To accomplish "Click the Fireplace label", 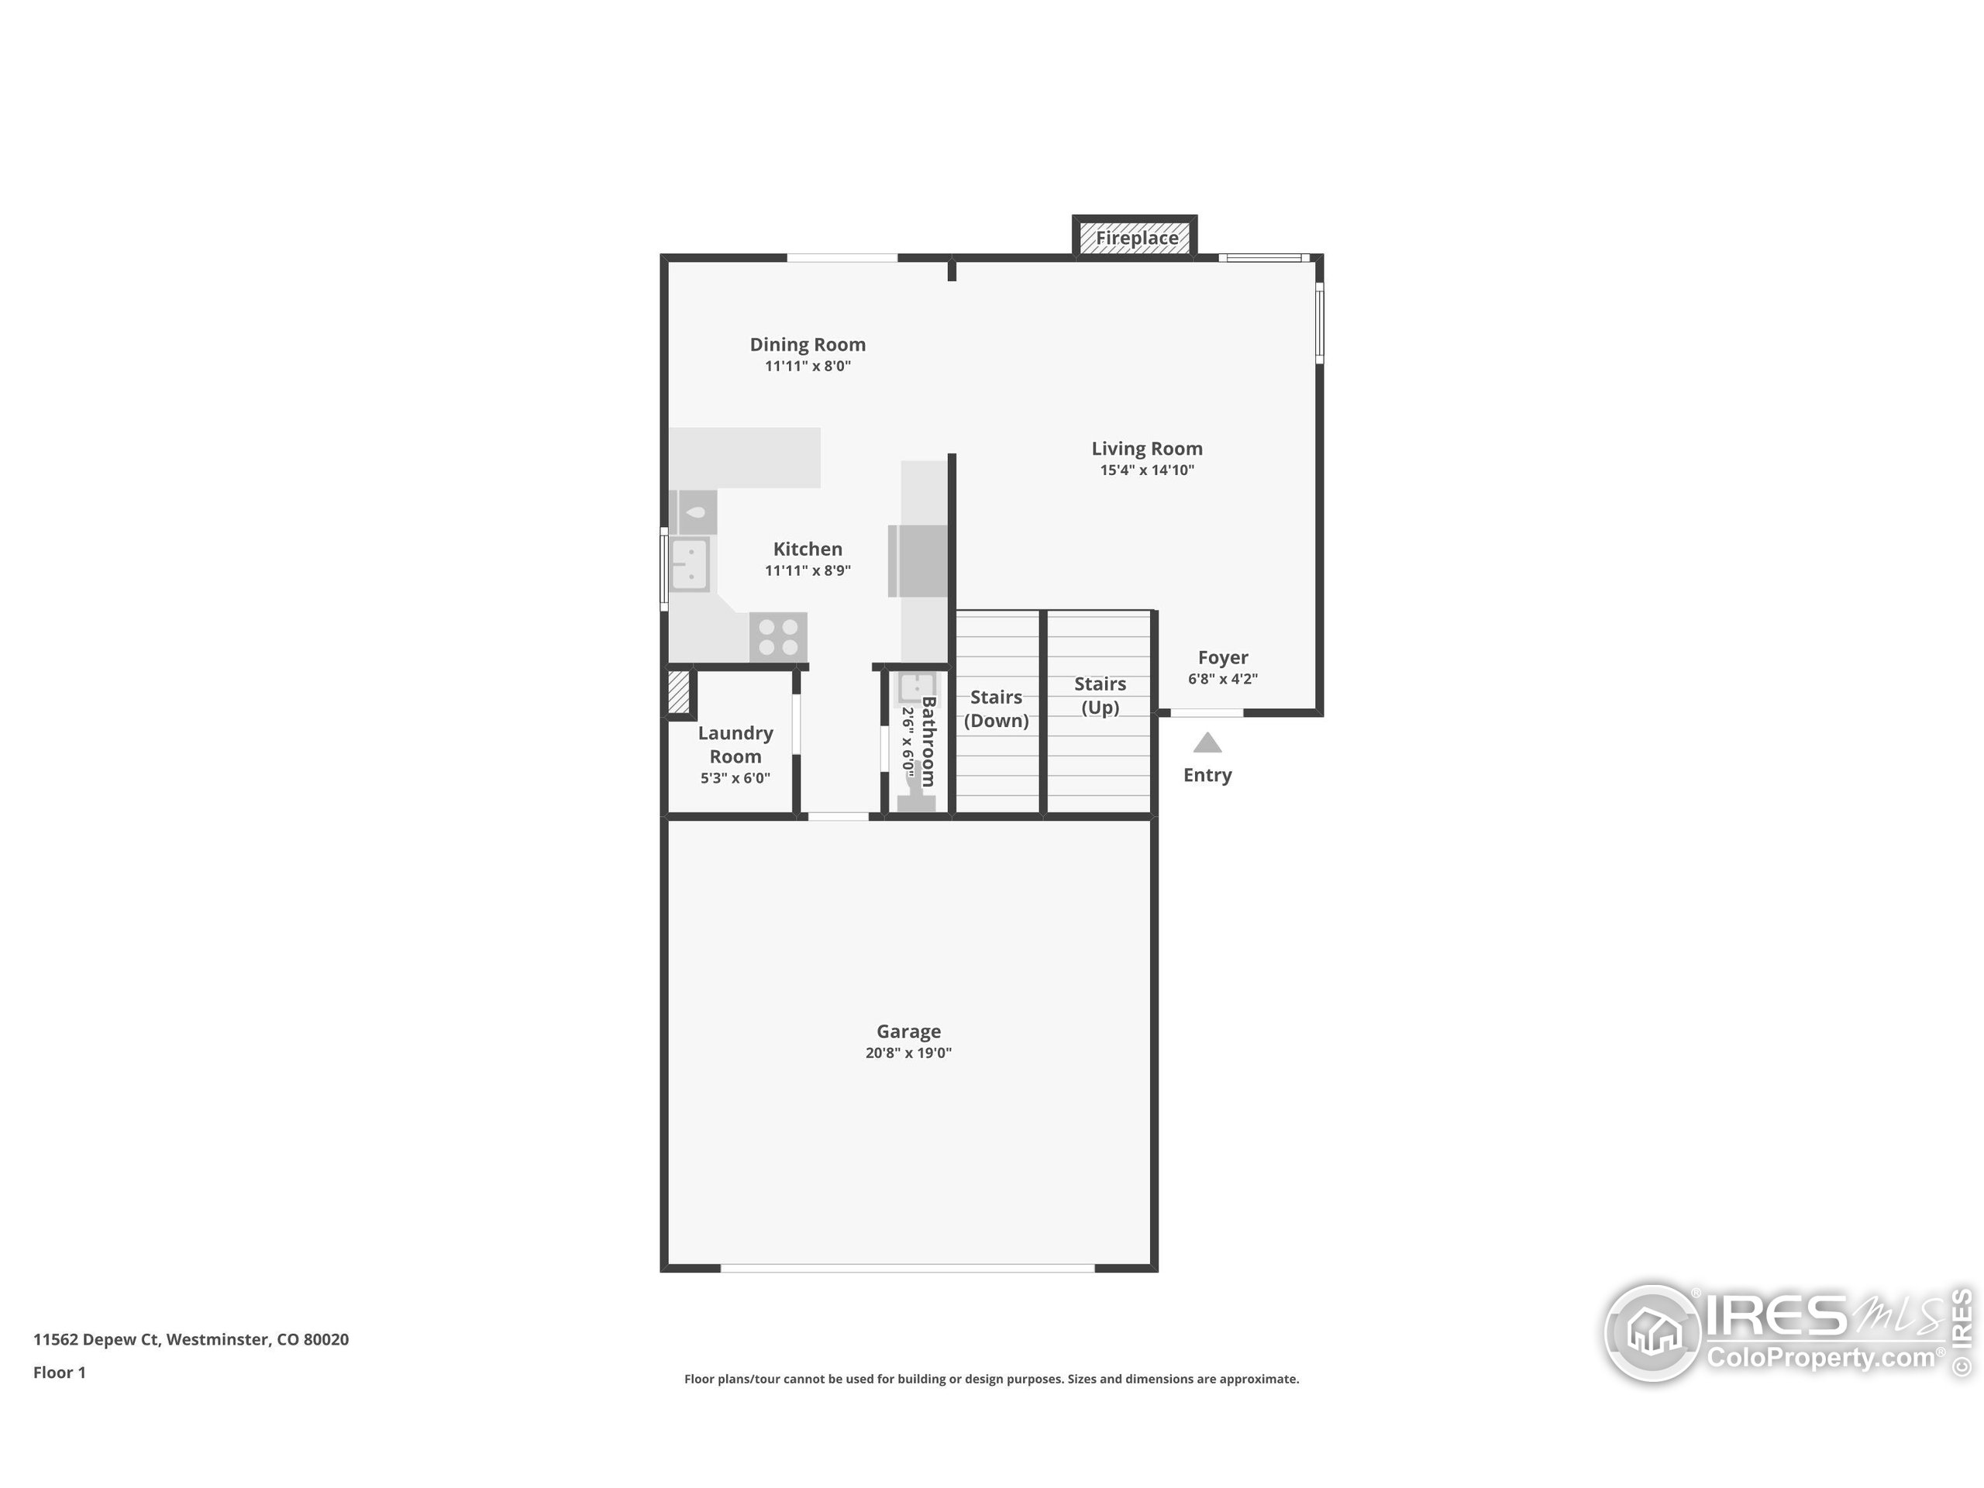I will pos(1135,239).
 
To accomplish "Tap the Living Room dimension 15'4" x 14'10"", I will pos(1146,470).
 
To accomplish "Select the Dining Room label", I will pos(808,344).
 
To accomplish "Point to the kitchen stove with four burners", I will pos(777,638).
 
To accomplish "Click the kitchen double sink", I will pos(690,564).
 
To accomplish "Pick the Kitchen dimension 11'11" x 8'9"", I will pos(808,570).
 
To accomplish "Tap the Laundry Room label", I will pos(735,745).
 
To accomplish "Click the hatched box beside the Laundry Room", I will pos(679,691).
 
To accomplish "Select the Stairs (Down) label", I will pos(996,708).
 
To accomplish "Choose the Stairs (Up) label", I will pos(1100,695).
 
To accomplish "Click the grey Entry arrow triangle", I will pos(1207,742).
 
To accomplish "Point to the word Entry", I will pos(1207,775).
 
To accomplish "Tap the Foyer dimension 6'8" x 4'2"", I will pos(1222,679).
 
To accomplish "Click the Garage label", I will pos(908,1032).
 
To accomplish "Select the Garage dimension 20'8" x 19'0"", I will pos(908,1053).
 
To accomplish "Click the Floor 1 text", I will pos(59,1373).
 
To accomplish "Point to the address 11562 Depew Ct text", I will pos(190,1339).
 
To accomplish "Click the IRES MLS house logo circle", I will pos(1652,1333).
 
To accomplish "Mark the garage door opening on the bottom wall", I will pos(907,1267).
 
